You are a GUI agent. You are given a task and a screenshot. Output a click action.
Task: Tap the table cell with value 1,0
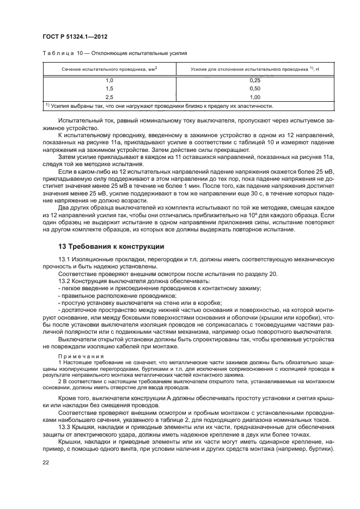tap(109, 81)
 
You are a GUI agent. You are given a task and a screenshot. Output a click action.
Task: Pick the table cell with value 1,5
tap(109, 88)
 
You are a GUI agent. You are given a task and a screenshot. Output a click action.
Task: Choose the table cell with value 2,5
tap(109, 96)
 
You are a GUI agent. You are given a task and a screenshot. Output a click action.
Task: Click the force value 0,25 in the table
tap(254, 81)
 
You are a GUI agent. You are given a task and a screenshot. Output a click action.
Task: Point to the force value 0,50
tap(254, 88)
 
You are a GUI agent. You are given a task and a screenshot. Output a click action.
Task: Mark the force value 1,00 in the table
tap(254, 96)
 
